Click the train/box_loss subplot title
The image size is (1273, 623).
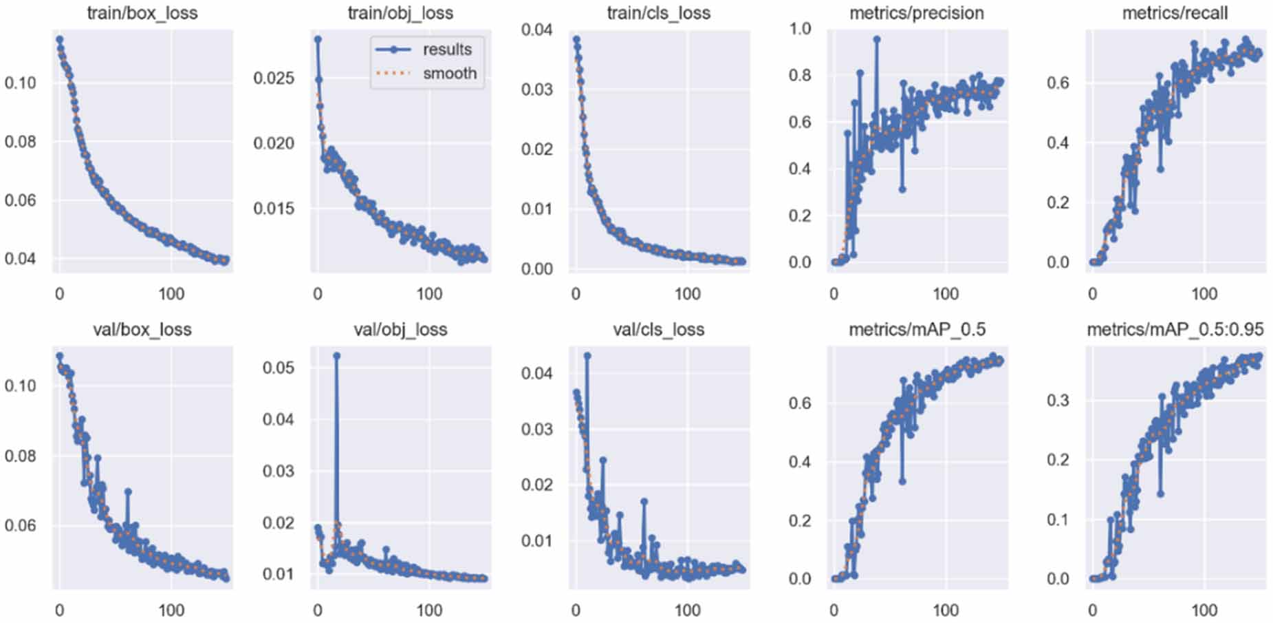[142, 13]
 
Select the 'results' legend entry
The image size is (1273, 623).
[446, 50]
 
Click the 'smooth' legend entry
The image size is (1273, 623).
[449, 74]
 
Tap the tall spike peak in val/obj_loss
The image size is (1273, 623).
[336, 356]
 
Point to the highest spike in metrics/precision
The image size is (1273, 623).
[877, 39]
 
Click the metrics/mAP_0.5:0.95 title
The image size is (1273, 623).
[1175, 330]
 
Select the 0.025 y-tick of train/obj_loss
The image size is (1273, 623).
[274, 78]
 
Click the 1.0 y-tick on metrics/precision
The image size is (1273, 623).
[800, 29]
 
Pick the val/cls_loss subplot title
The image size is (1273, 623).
[658, 330]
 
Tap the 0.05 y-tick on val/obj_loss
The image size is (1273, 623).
[278, 368]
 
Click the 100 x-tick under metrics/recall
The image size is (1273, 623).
[1204, 294]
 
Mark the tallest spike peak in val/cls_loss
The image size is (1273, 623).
[587, 356]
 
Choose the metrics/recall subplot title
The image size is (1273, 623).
[1175, 13]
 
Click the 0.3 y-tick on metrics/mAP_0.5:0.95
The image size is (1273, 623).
[1058, 401]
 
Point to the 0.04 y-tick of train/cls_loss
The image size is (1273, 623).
[536, 30]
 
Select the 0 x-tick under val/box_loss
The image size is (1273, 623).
[59, 610]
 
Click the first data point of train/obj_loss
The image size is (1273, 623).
[318, 39]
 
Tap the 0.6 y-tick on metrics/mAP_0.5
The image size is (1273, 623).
[800, 403]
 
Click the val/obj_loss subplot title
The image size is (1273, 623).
[400, 330]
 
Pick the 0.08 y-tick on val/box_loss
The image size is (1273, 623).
[20, 456]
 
